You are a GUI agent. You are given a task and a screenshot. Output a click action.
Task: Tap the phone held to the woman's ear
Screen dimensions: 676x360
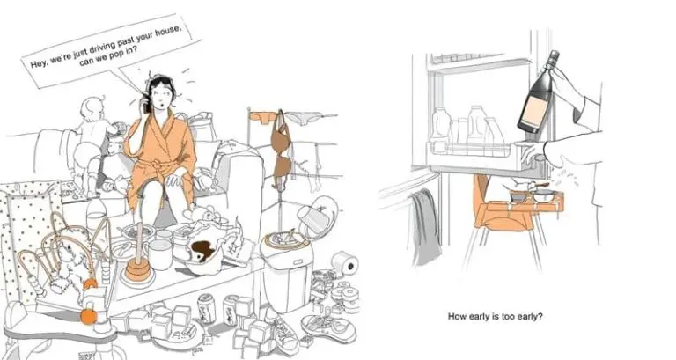[146, 104]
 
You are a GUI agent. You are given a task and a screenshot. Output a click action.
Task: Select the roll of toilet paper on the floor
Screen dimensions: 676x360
[346, 263]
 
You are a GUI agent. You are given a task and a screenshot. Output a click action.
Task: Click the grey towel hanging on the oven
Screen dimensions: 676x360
[425, 226]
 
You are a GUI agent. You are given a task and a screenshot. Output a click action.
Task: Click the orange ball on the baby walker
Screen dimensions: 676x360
[89, 317]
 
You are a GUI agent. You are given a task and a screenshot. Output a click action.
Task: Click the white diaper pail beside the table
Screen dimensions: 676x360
[287, 269]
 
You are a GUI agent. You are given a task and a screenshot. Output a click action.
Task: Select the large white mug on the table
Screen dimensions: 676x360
[160, 253]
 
